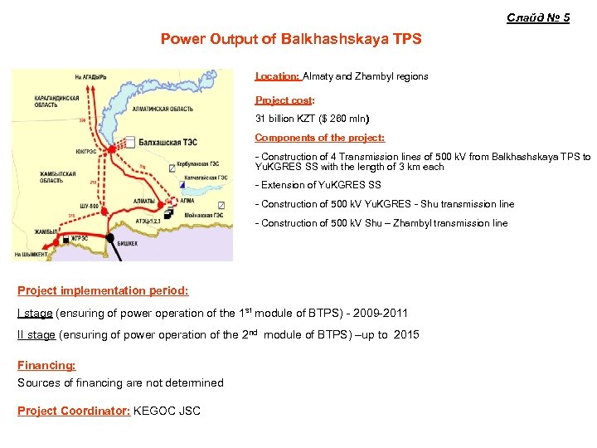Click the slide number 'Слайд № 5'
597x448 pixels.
538,17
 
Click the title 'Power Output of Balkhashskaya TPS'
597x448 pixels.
291,39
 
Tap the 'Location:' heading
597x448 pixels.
277,76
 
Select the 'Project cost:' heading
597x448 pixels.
284,100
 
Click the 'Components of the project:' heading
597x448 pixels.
319,138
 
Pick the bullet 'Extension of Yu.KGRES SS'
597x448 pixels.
319,185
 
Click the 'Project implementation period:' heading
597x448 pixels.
103,291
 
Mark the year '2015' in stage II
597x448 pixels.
406,335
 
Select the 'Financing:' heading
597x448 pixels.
46,365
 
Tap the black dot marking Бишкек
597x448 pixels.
109,237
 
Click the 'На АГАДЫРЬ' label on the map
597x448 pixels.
91,77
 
